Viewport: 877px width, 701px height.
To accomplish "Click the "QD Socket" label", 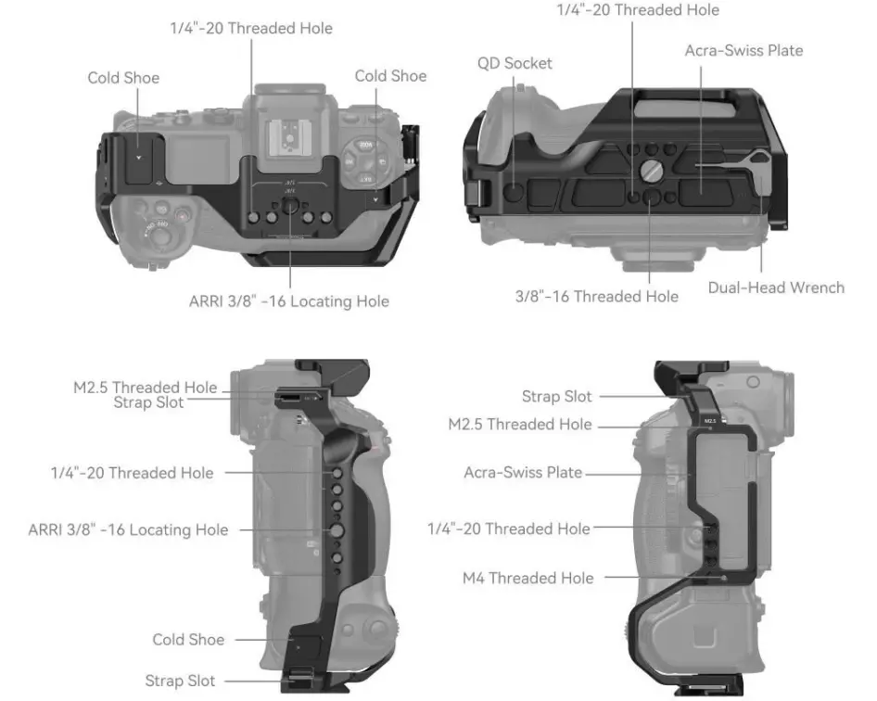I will [x=515, y=63].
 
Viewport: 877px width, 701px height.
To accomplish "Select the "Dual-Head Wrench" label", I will [x=776, y=287].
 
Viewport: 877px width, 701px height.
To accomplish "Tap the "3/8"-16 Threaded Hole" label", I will [x=596, y=297].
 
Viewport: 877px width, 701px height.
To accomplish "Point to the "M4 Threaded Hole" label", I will [x=527, y=578].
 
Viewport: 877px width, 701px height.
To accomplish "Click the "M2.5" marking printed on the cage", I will [x=710, y=420].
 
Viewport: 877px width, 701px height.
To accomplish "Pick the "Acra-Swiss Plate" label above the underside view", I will [x=744, y=50].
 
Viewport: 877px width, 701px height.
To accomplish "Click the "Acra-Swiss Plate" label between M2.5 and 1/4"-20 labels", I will [x=523, y=473].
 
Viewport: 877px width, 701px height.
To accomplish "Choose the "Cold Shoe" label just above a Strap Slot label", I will [x=188, y=640].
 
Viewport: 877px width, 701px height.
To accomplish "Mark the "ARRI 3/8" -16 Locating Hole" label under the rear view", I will [x=289, y=301].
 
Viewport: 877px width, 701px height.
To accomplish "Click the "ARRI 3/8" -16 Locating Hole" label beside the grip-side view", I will [x=128, y=530].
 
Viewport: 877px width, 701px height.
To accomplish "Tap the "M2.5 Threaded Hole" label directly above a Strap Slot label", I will [x=146, y=387].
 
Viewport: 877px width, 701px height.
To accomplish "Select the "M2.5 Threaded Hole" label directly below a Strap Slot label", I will [x=519, y=425].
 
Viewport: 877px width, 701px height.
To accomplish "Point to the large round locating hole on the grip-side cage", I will [x=337, y=530].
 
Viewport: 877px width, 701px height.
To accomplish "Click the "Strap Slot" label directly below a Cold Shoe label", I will [x=180, y=681].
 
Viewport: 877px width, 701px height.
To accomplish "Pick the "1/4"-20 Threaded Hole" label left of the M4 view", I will [x=508, y=529].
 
